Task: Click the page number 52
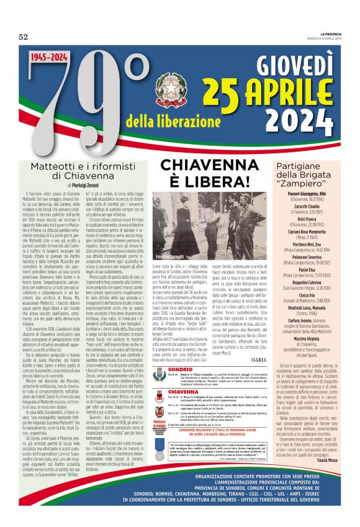24,37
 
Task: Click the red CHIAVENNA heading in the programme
184,392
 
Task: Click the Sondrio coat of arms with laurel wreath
158,374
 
